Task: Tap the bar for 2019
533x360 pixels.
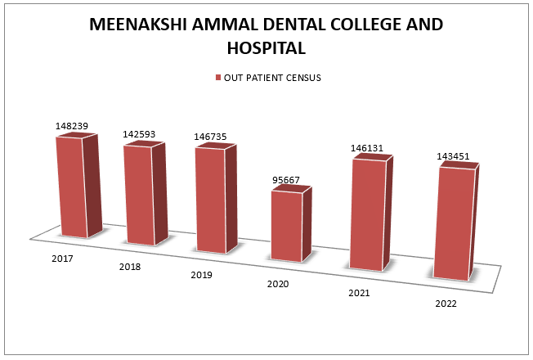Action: pyautogui.click(x=209, y=200)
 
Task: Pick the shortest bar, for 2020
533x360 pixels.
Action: pyautogui.click(x=286, y=227)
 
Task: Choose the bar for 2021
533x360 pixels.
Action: pyautogui.click(x=366, y=214)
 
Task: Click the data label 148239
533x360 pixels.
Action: pyautogui.click(x=72, y=126)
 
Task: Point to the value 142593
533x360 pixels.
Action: pyautogui.click(x=139, y=132)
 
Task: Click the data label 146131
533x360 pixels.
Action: pyautogui.click(x=368, y=148)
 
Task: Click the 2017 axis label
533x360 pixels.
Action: pyautogui.click(x=61, y=259)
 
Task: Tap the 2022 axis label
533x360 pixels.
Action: pyautogui.click(x=446, y=304)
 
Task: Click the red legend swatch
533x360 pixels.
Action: pyautogui.click(x=218, y=78)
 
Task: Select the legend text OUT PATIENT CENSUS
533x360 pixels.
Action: pyautogui.click(x=272, y=78)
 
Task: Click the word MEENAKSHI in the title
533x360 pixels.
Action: pyautogui.click(x=137, y=25)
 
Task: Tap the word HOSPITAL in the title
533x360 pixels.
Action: pyautogui.click(x=266, y=48)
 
